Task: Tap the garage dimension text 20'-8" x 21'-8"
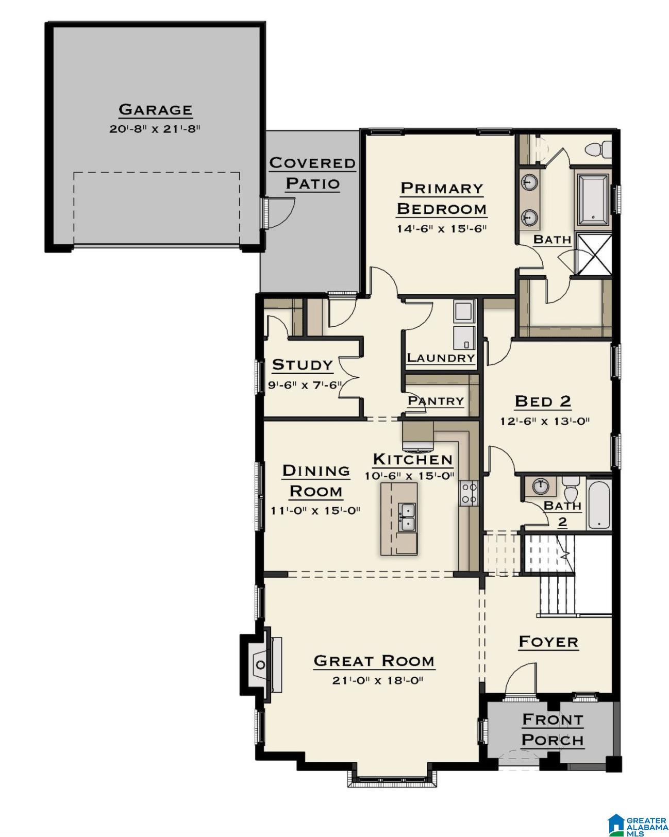[x=155, y=129]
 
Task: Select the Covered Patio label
[x=312, y=173]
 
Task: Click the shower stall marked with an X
[x=592, y=254]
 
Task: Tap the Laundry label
[x=441, y=358]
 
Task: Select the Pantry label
[x=436, y=400]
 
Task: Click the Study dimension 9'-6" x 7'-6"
[x=305, y=386]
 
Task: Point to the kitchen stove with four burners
[x=469, y=493]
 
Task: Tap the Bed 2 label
[x=543, y=401]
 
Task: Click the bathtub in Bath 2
[x=598, y=504]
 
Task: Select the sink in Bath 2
[x=540, y=486]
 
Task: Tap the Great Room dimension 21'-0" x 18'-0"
[x=377, y=681]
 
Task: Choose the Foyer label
[x=548, y=642]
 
